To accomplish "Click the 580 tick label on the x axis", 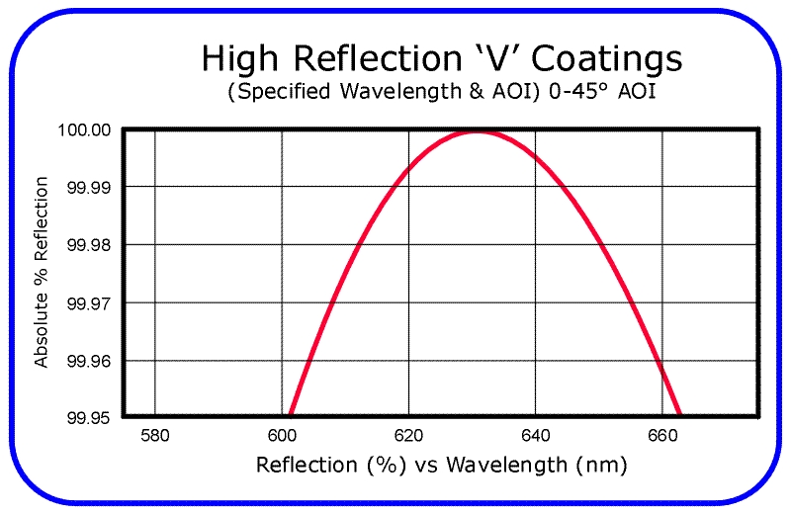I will click(x=155, y=435).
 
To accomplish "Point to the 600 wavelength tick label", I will click(x=282, y=435).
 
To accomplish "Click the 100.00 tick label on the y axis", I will click(x=88, y=129).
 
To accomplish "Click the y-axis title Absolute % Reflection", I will click(x=42, y=273).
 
